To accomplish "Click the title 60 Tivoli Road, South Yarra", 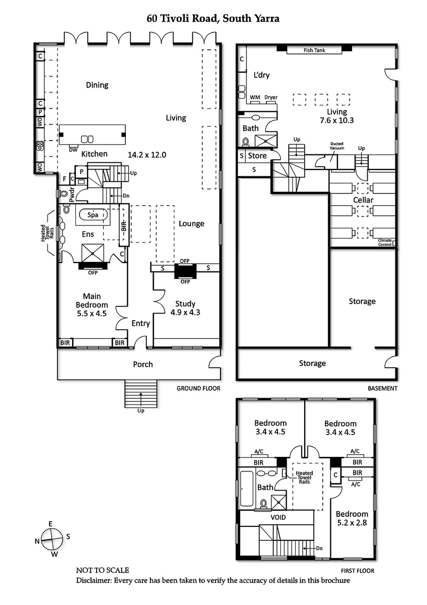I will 213,19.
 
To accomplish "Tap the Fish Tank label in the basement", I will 314,50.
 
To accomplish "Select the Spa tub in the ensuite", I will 93,215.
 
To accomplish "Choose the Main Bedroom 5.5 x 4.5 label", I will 92,305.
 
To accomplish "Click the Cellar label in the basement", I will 363,200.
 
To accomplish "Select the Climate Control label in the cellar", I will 385,242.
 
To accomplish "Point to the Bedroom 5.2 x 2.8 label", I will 352,518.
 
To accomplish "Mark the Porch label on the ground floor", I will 143,364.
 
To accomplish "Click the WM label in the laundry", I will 255,97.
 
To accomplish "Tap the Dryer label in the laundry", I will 271,97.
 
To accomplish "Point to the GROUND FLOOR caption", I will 198,389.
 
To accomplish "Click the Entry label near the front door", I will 141,323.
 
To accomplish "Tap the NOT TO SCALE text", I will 102,570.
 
